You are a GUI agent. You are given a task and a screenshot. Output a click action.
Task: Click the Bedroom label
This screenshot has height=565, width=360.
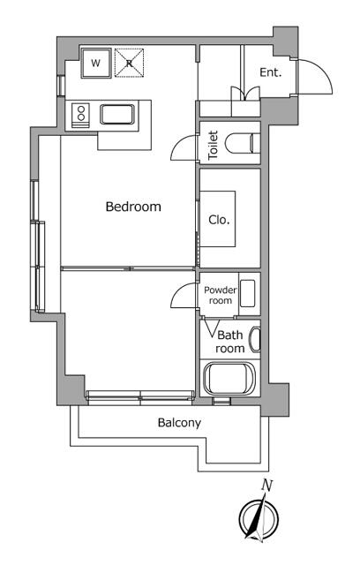133,207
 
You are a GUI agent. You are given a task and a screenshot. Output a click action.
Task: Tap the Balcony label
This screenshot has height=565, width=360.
179,422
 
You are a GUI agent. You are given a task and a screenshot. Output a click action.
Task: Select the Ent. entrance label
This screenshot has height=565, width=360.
271,72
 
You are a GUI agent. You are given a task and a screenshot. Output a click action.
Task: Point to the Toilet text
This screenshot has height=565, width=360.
214,145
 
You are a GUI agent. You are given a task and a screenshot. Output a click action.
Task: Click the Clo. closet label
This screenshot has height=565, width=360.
219,220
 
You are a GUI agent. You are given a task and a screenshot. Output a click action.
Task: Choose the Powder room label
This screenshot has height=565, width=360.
221,295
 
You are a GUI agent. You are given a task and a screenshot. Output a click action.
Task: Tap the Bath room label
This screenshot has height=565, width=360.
230,342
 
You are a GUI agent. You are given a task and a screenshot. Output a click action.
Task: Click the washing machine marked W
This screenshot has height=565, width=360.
95,63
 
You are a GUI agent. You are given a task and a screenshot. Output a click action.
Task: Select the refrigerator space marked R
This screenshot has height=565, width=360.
129,63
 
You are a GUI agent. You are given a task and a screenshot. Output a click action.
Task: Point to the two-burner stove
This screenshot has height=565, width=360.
81,115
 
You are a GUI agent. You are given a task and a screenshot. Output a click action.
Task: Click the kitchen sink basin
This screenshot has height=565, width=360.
117,114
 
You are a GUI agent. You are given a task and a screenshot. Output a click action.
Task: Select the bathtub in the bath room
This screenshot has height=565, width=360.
229,379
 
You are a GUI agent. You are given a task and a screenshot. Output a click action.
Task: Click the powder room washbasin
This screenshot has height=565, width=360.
248,293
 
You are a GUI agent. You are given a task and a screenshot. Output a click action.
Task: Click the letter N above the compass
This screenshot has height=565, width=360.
267,486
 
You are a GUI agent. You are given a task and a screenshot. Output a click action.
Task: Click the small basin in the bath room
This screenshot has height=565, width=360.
255,339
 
